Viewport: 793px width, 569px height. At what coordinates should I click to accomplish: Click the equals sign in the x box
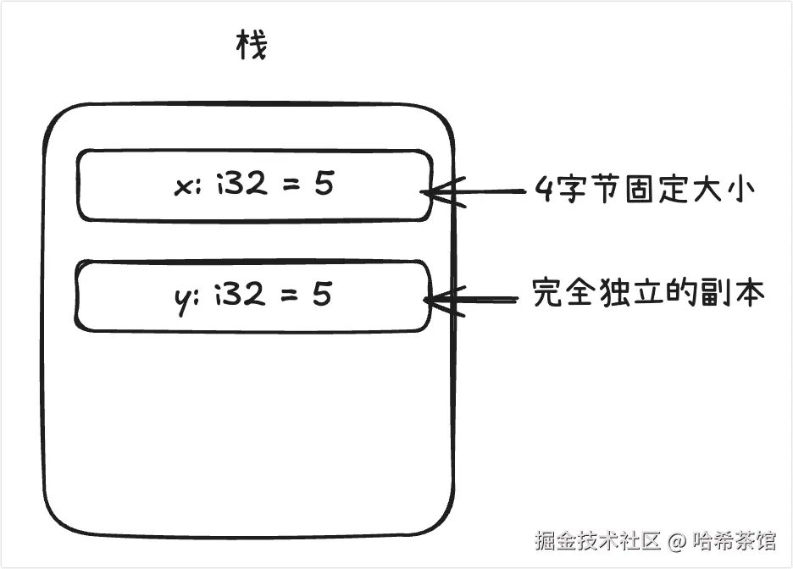(x=290, y=185)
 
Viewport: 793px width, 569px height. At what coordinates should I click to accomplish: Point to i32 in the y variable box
(x=239, y=295)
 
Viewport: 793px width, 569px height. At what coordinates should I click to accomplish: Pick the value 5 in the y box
(x=321, y=295)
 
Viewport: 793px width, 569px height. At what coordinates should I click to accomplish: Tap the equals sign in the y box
(x=287, y=296)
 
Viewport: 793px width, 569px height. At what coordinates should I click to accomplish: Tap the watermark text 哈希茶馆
(x=734, y=540)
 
